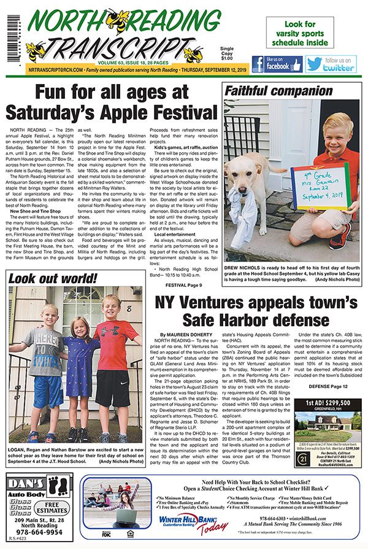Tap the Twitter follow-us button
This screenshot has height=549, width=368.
[x=331, y=64]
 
